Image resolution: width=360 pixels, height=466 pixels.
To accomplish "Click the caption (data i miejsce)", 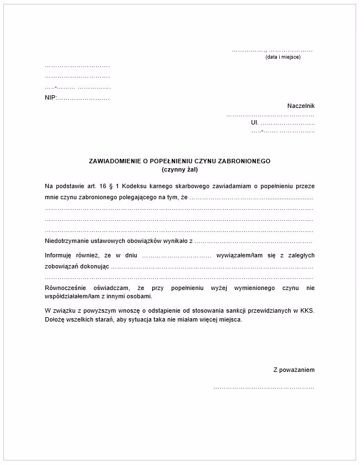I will point(282,57).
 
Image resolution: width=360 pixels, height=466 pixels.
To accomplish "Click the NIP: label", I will point(50,98).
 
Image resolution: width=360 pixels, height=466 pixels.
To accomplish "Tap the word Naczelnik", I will point(301,106).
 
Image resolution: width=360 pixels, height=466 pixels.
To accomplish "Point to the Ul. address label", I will point(254,122).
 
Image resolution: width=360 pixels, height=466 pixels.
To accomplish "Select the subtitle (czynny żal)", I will point(179,169).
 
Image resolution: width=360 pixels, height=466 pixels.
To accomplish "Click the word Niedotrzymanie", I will point(67,241).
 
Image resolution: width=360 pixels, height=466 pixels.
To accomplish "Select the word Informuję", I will point(59,255).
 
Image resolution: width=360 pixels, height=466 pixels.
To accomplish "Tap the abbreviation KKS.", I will point(307,310).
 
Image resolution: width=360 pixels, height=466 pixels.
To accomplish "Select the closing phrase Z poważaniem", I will point(294,369).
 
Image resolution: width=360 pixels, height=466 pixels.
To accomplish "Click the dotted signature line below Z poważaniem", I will point(264,387).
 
